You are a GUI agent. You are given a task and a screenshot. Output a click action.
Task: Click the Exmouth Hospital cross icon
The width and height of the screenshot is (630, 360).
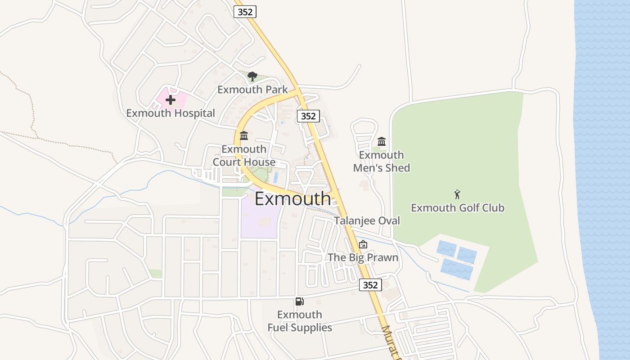click(x=171, y=100)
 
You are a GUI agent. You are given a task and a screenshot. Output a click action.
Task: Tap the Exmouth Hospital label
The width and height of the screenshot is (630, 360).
click(x=171, y=113)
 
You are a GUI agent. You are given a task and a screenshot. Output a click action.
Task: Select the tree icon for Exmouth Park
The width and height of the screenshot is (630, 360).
click(x=252, y=76)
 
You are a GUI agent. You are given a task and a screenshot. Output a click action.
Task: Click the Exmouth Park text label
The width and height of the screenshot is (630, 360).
click(x=252, y=90)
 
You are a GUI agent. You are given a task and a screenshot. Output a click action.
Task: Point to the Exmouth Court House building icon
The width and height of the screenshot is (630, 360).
click(x=244, y=135)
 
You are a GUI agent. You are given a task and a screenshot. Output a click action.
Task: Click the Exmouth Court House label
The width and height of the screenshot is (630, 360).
click(x=244, y=155)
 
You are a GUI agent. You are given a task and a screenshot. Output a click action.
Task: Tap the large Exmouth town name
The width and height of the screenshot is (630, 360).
click(x=292, y=198)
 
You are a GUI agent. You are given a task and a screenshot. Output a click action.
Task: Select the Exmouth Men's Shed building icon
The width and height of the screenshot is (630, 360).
click(x=382, y=141)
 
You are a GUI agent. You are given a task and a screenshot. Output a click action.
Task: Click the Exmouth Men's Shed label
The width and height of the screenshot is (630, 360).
click(x=382, y=161)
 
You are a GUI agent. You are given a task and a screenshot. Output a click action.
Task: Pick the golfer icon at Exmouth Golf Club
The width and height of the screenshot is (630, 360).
click(x=458, y=194)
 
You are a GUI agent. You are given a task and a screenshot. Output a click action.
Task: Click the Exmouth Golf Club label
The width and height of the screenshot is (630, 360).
click(x=458, y=208)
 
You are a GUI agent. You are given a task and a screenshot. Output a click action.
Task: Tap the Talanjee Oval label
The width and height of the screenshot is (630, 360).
click(x=367, y=220)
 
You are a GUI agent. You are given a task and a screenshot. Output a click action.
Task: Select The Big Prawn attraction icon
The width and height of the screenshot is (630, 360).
click(x=363, y=244)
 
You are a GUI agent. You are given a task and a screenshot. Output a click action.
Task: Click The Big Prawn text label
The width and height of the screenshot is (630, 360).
click(x=363, y=257)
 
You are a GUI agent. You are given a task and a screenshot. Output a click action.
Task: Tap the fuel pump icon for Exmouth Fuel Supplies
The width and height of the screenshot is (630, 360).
click(x=299, y=301)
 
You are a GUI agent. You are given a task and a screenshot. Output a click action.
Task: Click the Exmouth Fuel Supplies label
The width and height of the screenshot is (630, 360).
click(x=300, y=321)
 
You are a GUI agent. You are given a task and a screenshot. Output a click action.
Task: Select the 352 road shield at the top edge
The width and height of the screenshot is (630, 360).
click(x=245, y=12)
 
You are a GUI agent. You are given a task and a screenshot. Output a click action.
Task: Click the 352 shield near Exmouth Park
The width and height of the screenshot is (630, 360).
click(x=308, y=116)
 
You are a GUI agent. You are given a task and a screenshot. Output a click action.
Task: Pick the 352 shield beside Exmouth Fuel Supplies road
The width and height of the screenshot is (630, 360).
click(x=370, y=285)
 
